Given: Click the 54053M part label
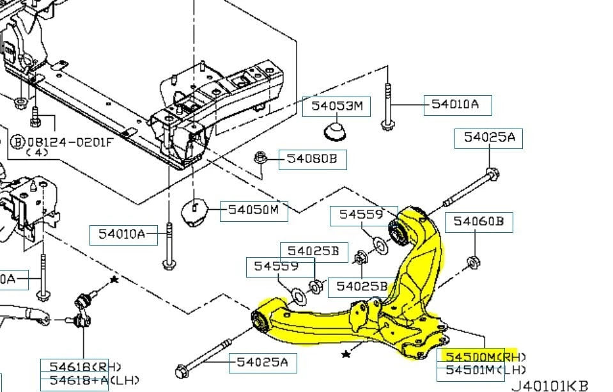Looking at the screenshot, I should click(336, 107).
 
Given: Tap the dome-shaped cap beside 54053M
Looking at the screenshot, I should click(336, 132).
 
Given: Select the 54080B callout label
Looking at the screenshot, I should click(313, 159).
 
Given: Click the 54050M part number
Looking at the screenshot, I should click(254, 210).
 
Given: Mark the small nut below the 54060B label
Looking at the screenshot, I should click(474, 262).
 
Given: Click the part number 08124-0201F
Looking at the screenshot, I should click(68, 141).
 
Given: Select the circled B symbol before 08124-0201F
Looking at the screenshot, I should click(17, 141).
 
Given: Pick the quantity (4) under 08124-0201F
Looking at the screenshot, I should click(38, 153).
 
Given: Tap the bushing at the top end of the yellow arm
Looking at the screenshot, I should click(400, 229).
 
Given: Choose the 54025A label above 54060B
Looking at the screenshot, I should click(488, 138).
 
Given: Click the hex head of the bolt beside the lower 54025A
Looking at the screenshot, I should click(181, 370).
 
